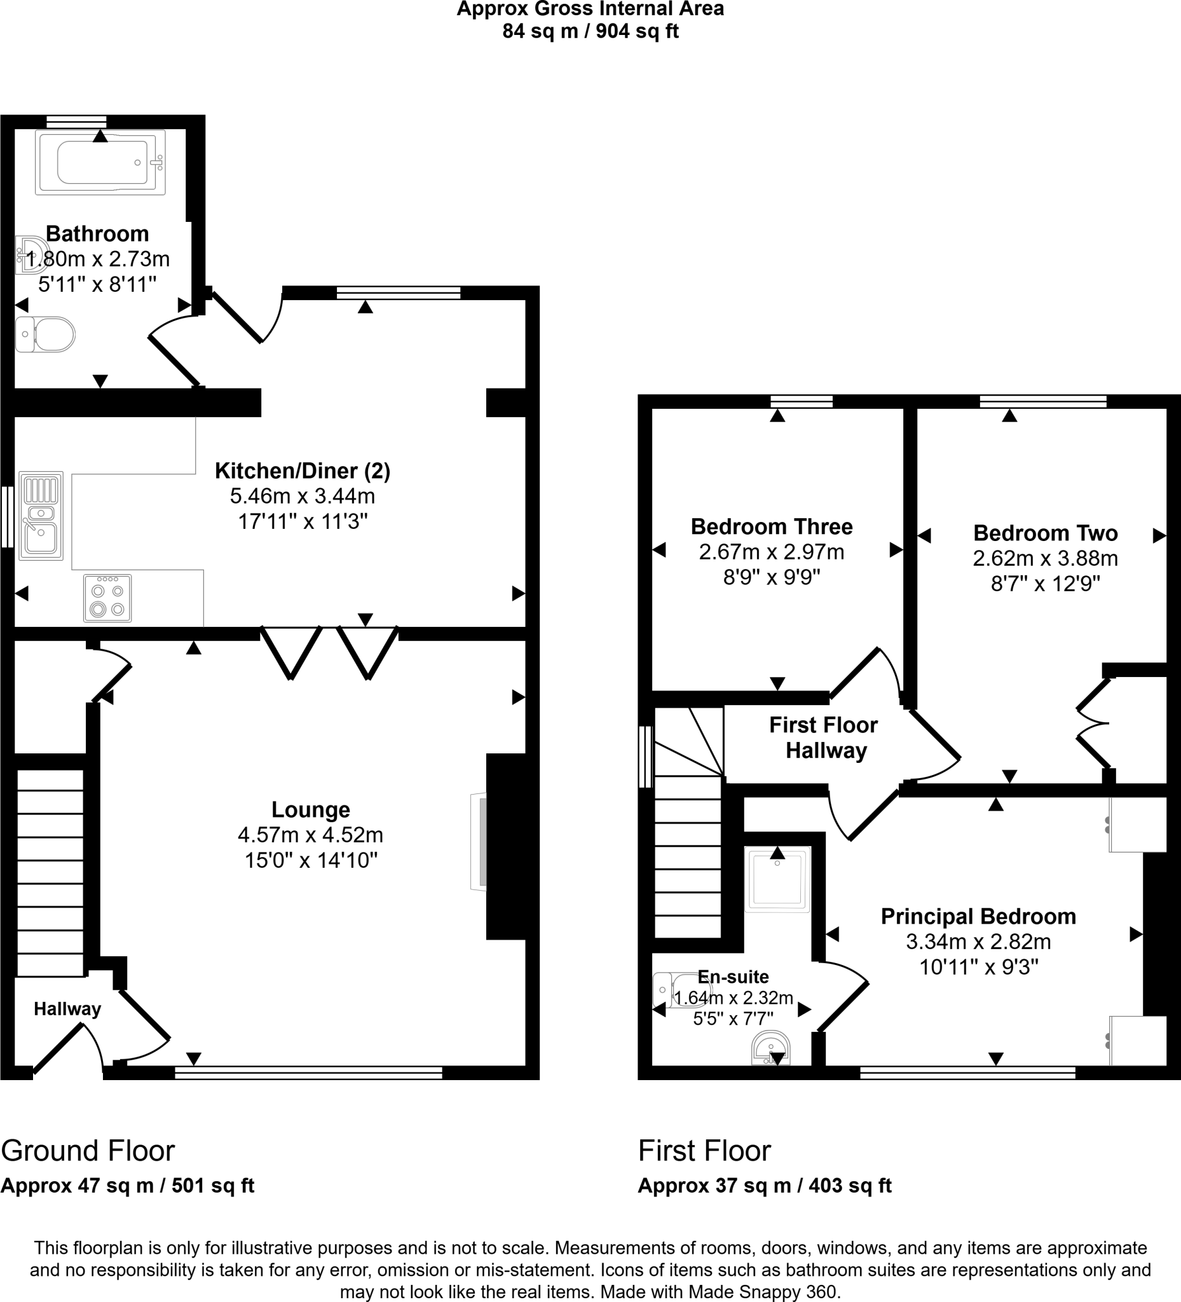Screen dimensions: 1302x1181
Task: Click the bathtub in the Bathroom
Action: click(x=100, y=162)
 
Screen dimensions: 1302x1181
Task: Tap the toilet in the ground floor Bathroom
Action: click(x=45, y=334)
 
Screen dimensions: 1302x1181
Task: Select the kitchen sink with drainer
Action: click(x=41, y=515)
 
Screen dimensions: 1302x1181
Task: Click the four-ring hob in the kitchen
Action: click(x=107, y=598)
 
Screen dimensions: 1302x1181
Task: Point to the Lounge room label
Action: click(x=311, y=809)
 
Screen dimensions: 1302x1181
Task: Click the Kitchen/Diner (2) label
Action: click(x=302, y=471)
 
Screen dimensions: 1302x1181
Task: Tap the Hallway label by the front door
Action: click(x=67, y=1009)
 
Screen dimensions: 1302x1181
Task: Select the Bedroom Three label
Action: click(x=772, y=526)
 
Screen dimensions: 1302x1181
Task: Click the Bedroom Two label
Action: click(x=1045, y=533)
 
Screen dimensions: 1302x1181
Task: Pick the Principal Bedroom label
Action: click(x=978, y=917)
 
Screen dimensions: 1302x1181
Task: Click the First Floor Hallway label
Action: click(x=824, y=737)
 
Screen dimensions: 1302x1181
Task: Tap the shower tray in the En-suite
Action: click(x=777, y=879)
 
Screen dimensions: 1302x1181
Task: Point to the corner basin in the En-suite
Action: click(x=771, y=1046)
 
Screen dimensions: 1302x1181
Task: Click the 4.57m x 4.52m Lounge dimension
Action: click(x=311, y=835)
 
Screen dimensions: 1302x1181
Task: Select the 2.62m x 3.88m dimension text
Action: click(x=1045, y=558)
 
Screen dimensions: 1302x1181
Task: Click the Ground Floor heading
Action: click(x=88, y=1150)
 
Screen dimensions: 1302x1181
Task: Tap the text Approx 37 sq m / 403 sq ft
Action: click(x=765, y=1186)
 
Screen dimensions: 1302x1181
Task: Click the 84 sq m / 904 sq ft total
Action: click(x=590, y=31)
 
